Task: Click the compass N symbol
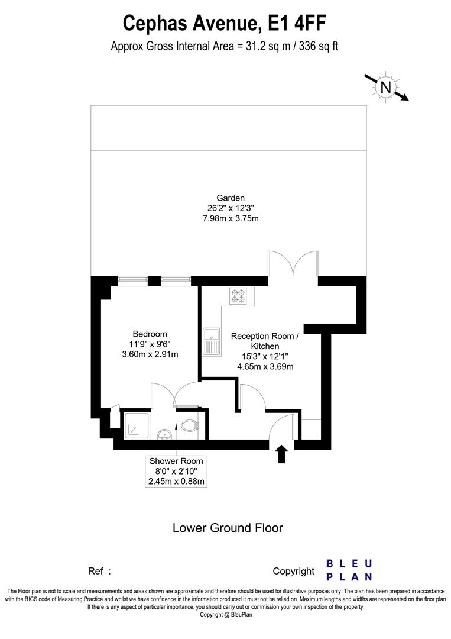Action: (x=385, y=88)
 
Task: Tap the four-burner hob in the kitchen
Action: (x=238, y=296)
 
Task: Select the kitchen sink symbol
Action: (x=211, y=341)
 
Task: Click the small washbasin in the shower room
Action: (x=165, y=435)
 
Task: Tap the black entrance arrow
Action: (x=281, y=454)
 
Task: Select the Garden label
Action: (x=231, y=198)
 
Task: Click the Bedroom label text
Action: (x=150, y=334)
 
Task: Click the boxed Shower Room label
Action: (x=176, y=461)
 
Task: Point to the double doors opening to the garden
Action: (x=293, y=263)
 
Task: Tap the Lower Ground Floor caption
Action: (x=228, y=527)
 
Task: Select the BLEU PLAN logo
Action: (x=349, y=570)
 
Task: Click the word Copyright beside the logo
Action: (x=293, y=571)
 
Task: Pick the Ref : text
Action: (x=99, y=571)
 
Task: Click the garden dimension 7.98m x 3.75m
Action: (x=231, y=218)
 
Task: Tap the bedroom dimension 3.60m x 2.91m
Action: (x=150, y=354)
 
